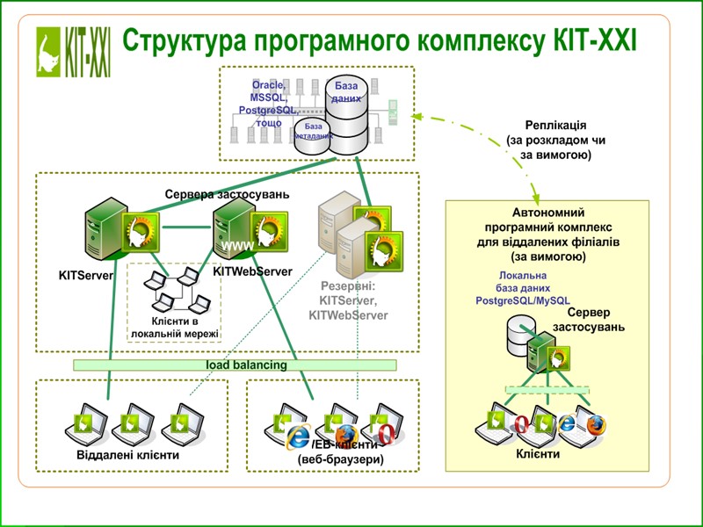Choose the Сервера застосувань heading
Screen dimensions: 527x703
click(227, 193)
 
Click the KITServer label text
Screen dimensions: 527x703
click(86, 276)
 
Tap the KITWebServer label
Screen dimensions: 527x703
click(252, 272)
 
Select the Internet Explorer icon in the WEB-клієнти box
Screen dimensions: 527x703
click(299, 434)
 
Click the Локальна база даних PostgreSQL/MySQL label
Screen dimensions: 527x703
click(523, 287)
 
